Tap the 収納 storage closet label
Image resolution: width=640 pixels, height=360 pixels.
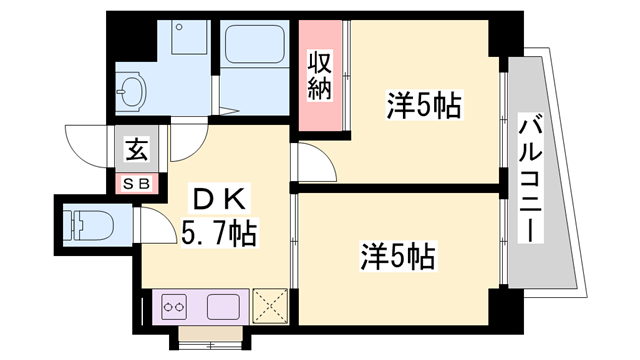tap(320, 75)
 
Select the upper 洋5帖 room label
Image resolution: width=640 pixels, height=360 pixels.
tap(423, 104)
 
